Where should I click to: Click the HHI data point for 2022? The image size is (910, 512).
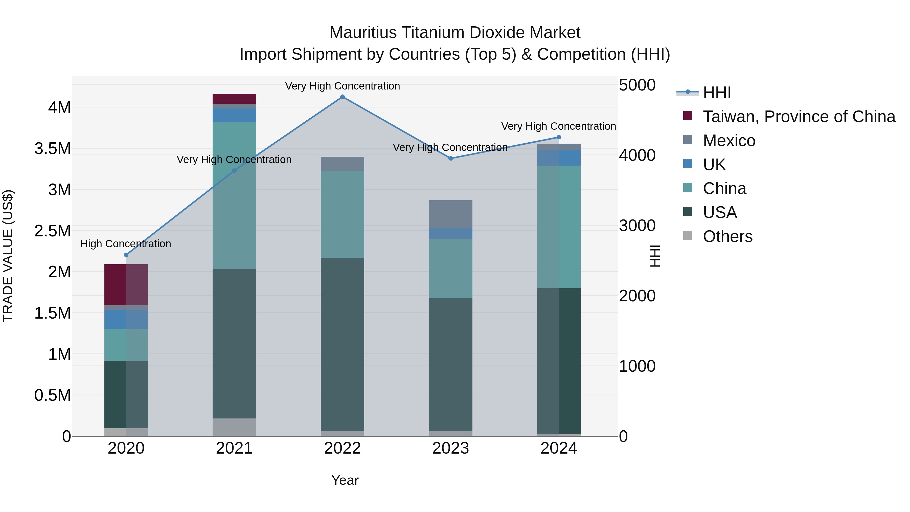point(342,97)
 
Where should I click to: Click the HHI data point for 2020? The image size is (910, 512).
point(126,255)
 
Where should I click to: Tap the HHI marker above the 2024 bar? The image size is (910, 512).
point(558,137)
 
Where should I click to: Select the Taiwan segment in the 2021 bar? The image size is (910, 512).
point(234,99)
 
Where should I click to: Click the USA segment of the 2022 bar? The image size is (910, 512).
point(342,345)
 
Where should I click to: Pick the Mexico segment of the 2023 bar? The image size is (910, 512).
point(450,214)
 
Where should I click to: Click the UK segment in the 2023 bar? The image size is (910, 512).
point(450,233)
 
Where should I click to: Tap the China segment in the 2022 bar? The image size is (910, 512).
point(342,214)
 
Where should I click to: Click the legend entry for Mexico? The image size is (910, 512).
point(729,141)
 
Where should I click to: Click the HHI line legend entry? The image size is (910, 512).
point(716,93)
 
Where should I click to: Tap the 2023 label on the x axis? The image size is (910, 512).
point(450,448)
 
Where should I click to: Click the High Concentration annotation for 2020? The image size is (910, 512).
point(126,244)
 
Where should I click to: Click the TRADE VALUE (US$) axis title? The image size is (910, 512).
point(8,256)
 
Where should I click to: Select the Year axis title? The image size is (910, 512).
point(345,480)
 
